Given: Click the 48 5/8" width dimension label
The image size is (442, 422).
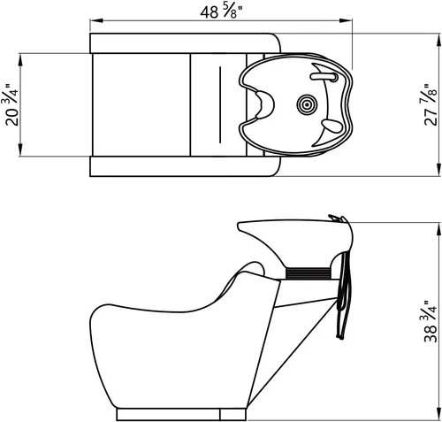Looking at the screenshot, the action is pos(222,12).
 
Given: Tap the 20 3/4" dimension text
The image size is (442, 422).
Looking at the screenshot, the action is pos(11,105).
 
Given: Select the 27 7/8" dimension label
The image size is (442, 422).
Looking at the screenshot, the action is pos(431,104).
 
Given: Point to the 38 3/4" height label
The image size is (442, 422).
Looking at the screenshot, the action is pos(431,321).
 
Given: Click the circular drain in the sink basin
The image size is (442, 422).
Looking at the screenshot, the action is pos(307,104).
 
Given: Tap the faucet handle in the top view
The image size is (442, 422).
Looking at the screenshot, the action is pos(324,77).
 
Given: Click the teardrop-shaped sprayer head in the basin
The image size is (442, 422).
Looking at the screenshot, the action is pos(332,126).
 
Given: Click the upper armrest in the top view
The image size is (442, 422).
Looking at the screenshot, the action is pos(185,43).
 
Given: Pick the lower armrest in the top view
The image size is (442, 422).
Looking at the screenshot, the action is pos(185,166).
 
